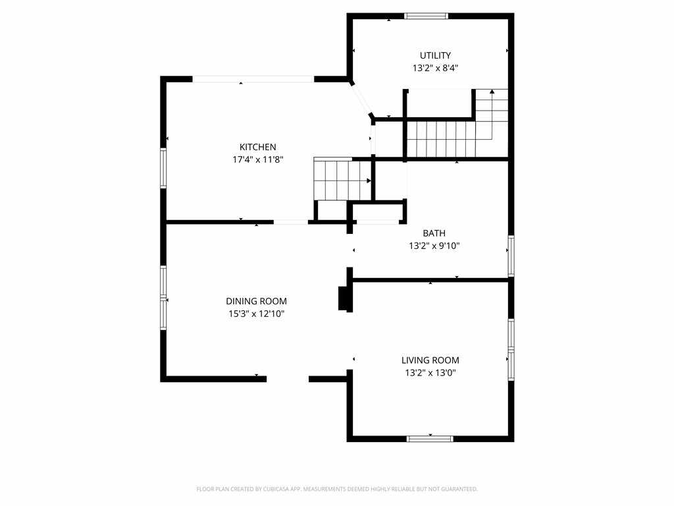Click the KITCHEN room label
(258, 147)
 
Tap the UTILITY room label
(435, 55)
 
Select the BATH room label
(434, 233)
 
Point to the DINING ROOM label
(256, 301)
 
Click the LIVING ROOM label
(430, 360)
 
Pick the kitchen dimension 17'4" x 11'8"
(258, 159)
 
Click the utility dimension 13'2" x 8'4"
(435, 68)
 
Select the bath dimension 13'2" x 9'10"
(434, 246)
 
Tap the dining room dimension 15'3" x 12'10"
(256, 314)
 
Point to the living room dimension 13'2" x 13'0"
(430, 373)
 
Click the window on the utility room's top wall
(426, 16)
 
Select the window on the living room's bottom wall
(430, 439)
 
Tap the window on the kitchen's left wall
(163, 168)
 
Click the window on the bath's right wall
(511, 256)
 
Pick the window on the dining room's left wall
(163, 298)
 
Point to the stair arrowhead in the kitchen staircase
(369, 181)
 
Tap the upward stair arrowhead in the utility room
(492, 91)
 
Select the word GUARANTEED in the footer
(463, 490)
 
